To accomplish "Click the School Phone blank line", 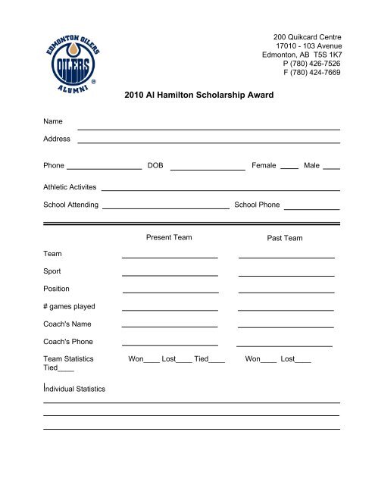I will pos(311,207).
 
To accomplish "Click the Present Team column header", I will pos(169,237).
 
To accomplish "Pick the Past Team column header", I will pos(285,238).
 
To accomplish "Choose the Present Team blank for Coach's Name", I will pos(170,327).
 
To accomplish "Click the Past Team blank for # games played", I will pos(286,309).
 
